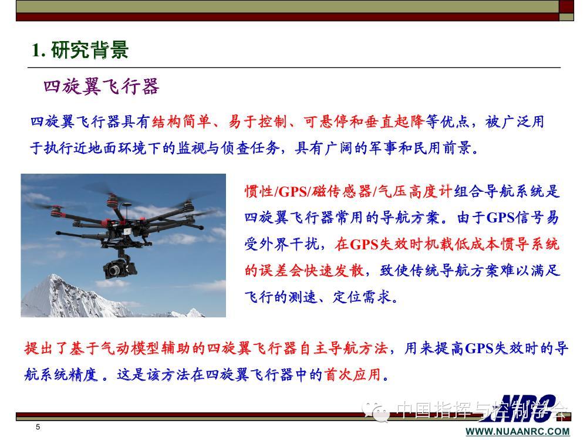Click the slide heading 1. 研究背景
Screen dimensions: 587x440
pyautogui.click(x=80, y=50)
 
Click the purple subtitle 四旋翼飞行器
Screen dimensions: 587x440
pyautogui.click(x=102, y=87)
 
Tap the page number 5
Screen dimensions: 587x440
pyautogui.click(x=38, y=427)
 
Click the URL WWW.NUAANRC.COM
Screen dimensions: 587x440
pyautogui.click(x=517, y=432)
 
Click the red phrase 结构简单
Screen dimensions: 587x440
pyautogui.click(x=181, y=121)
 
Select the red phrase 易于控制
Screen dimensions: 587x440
pyautogui.click(x=258, y=121)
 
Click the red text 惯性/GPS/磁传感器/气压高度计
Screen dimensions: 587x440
pyautogui.click(x=349, y=191)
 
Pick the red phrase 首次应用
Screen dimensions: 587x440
pyautogui.click(x=352, y=374)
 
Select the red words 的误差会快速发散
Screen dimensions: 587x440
pyautogui.click(x=304, y=270)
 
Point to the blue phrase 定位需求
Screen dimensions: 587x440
pyautogui.click(x=362, y=297)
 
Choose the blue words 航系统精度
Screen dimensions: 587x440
pyautogui.click(x=61, y=374)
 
